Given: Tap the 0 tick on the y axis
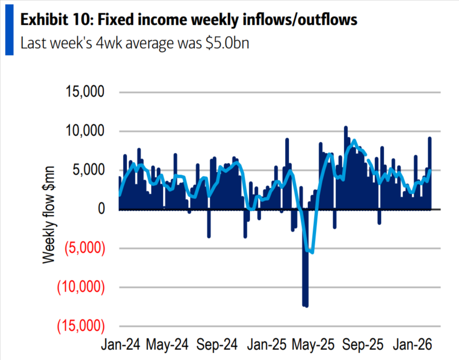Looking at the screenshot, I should click(101, 210).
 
